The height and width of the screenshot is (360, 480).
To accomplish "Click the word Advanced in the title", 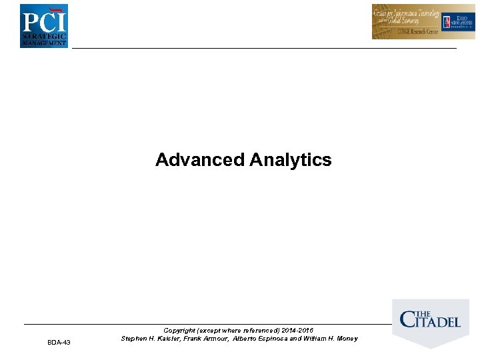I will click(199, 160).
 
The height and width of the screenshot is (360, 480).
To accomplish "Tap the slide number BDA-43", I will click(59, 342).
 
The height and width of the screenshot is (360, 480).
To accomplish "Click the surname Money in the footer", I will click(345, 339).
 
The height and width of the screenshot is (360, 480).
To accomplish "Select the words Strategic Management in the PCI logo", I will click(44, 38).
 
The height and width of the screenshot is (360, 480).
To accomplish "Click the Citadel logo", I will click(430, 321).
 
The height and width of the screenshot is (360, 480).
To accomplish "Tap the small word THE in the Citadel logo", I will click(425, 314).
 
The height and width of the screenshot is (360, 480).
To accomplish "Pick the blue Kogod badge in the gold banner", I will click(459, 21).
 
